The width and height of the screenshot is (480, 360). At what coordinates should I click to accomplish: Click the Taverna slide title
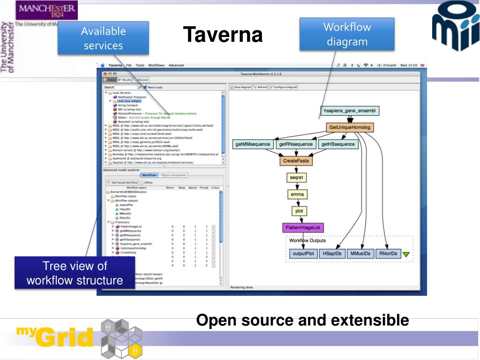click(x=223, y=35)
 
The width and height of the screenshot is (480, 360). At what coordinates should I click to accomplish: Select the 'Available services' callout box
click(x=103, y=38)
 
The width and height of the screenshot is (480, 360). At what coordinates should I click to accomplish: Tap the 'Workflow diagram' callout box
click(x=347, y=34)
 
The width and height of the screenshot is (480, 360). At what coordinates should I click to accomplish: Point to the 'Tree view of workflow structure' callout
click(x=75, y=273)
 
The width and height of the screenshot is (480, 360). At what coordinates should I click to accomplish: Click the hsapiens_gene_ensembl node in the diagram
click(x=350, y=111)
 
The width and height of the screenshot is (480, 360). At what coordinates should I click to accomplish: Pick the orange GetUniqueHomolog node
click(x=350, y=127)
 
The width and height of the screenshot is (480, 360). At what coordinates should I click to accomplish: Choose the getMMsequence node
click(x=253, y=144)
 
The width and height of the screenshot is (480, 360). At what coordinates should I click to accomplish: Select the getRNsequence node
click(x=295, y=144)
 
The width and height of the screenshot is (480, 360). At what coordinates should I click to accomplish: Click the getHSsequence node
click(x=337, y=144)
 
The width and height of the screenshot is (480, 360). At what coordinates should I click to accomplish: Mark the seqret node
click(x=296, y=178)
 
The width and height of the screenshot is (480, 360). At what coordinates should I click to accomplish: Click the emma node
click(x=297, y=194)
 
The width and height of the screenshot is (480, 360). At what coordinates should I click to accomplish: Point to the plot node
click(x=299, y=211)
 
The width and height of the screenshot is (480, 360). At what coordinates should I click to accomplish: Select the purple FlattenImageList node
click(x=303, y=228)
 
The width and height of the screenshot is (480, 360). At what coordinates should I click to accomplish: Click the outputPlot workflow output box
click(x=303, y=254)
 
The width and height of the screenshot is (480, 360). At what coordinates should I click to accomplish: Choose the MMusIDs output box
click(x=360, y=254)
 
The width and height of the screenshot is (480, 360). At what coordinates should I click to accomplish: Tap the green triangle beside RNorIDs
click(x=406, y=255)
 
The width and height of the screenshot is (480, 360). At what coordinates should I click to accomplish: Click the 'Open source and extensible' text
click(x=302, y=321)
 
